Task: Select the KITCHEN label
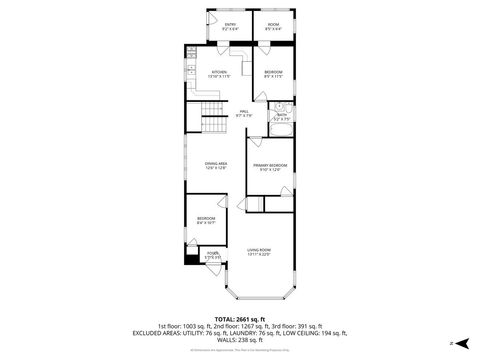[x=219, y=73]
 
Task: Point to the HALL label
[x=244, y=112]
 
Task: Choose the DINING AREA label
[x=217, y=166]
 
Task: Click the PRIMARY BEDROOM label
[x=270, y=166]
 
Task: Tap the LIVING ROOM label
[x=260, y=251]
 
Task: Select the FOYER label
[x=212, y=256]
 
